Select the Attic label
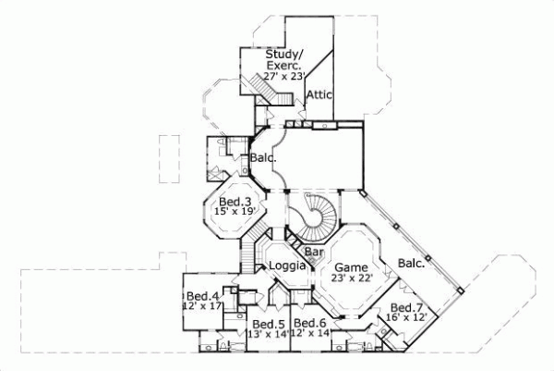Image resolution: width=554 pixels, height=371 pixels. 319,94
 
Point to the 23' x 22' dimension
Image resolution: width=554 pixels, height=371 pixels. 351,275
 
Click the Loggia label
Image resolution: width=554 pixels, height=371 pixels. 286,266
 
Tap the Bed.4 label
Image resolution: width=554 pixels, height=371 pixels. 201,296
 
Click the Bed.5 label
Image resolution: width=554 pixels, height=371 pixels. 268,323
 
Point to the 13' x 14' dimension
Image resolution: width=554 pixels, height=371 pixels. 268,334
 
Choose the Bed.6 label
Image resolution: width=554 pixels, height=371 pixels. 309,323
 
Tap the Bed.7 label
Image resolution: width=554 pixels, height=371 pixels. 407,307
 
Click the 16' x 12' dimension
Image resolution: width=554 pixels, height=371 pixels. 407,318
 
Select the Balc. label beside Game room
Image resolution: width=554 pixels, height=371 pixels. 412,263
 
